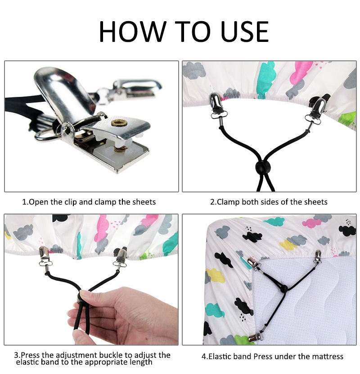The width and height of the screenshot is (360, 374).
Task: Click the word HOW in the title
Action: [x=132, y=32]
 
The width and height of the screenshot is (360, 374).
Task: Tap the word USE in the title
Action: [x=245, y=32]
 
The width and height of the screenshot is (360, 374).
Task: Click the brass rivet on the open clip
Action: [x=119, y=123]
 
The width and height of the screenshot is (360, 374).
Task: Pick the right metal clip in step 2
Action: [x=316, y=109]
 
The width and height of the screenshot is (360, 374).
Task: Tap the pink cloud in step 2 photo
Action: [x=301, y=71]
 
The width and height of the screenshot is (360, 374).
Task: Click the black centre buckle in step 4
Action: [x=283, y=288]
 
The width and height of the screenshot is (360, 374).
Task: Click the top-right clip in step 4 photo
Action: [x=317, y=256]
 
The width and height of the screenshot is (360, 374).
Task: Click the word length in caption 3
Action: [x=141, y=363]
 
